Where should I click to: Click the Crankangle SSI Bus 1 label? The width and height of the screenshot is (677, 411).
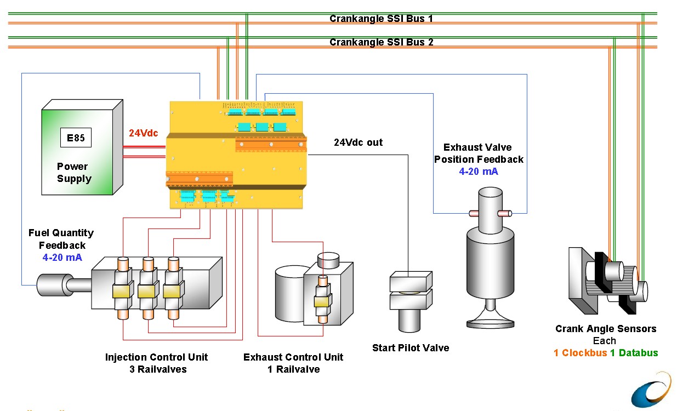point(381,19)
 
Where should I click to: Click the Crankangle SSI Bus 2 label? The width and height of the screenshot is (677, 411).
point(381,42)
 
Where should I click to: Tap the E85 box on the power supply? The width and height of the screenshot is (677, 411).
point(76,138)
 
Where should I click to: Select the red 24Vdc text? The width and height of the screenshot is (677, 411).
point(143,133)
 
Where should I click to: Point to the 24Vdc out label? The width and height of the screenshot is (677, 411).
point(358,142)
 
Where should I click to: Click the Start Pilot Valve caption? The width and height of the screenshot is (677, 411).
point(411,348)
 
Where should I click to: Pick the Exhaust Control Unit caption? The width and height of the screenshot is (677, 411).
point(293,357)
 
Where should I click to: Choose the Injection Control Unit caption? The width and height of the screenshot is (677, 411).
point(157,357)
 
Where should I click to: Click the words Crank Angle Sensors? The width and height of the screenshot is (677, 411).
point(606,329)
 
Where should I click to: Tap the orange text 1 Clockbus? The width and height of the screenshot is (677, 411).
point(580,353)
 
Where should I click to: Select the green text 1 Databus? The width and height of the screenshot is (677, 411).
point(634,353)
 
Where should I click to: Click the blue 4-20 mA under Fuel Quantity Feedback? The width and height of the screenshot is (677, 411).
point(61,258)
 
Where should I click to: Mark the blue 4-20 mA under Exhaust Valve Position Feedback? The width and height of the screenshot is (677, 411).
point(479,172)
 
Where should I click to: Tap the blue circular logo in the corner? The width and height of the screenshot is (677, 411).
point(653,390)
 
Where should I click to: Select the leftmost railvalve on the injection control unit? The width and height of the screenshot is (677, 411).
point(122,290)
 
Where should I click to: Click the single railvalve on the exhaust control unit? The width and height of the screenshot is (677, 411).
point(321,300)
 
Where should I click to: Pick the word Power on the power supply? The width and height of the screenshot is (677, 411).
point(72,167)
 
